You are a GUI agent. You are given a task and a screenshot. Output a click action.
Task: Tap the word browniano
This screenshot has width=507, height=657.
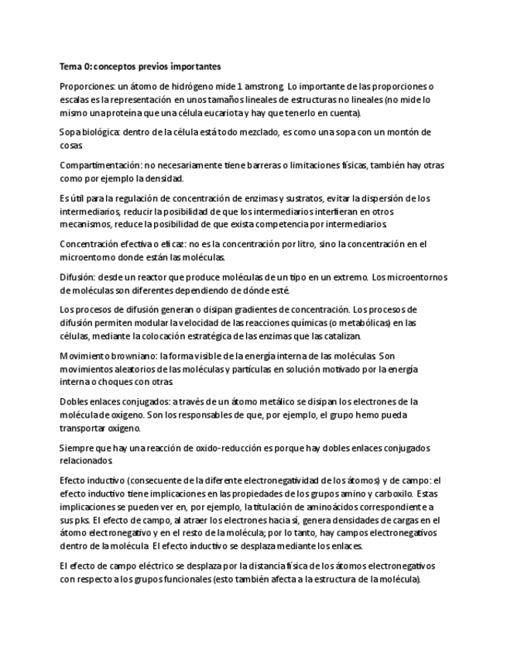[x=128, y=356]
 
